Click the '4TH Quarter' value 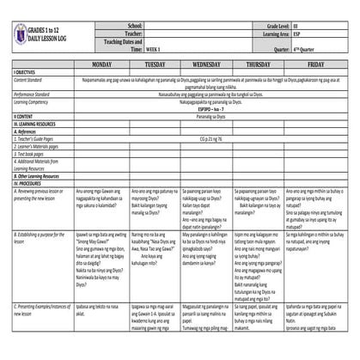click(x=304, y=49)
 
